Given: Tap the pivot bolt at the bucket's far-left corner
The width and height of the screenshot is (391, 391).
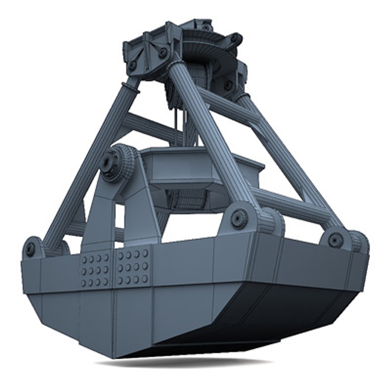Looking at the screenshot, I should pyautogui.click(x=30, y=249).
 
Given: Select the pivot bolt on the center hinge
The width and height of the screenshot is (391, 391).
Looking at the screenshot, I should pyautogui.click(x=239, y=218).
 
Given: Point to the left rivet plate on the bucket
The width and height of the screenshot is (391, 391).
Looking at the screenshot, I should pyautogui.click(x=95, y=270).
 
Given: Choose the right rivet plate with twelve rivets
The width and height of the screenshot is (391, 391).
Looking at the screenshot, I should pyautogui.click(x=133, y=267).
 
